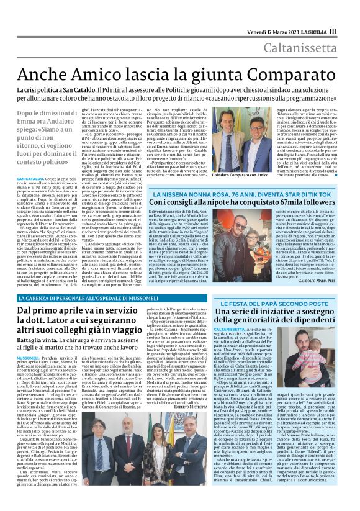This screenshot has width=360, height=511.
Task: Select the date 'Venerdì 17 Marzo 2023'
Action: click(x=266, y=30)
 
